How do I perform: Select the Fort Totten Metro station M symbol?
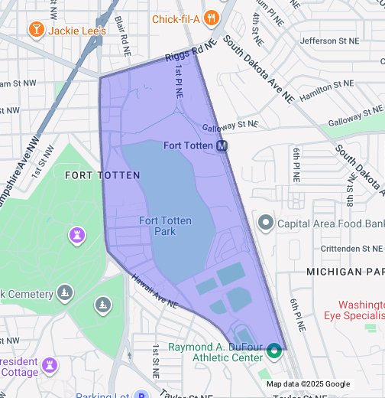point(222,145)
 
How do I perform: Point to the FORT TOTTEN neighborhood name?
point(102,175)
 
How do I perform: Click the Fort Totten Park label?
point(165,226)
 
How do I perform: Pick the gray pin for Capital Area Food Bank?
point(265,223)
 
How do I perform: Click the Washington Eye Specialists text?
point(361,308)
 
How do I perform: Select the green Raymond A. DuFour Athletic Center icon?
point(274,352)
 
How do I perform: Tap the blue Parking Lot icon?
point(141,395)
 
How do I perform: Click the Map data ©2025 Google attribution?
point(308,384)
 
